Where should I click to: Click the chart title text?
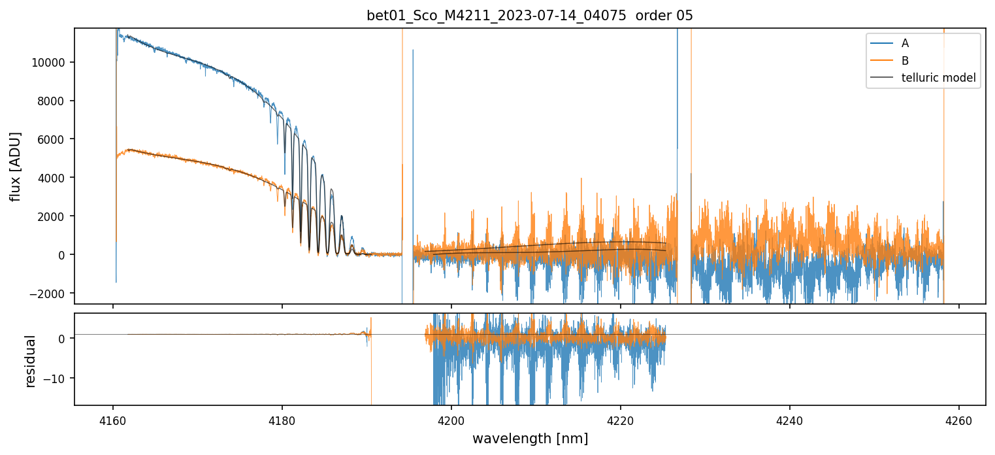(530, 16)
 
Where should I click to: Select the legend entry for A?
(905, 43)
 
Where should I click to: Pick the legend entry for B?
(905, 61)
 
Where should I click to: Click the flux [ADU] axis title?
(16, 166)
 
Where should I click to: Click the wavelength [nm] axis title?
(530, 438)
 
